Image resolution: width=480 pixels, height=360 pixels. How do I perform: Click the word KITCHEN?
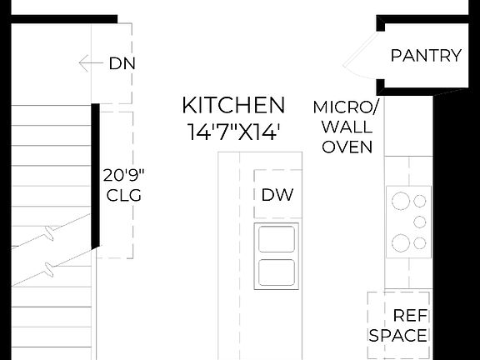click(233, 106)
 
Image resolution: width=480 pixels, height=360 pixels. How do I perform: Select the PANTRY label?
click(426, 57)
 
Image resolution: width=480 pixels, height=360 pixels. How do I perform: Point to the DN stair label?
click(122, 63)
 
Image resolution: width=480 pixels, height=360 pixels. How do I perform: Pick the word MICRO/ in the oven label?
click(346, 107)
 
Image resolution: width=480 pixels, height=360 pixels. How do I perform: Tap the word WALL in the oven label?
click(347, 127)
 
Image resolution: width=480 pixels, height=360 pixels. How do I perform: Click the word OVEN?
click(347, 147)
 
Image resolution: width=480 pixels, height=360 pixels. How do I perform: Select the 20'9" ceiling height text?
click(124, 176)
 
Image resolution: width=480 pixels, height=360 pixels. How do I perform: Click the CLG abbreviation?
click(124, 197)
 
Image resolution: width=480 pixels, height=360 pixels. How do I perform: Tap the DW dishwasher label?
click(277, 196)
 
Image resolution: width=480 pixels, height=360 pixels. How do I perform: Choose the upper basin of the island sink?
click(277, 239)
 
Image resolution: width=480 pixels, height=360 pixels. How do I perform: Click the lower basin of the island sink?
click(277, 273)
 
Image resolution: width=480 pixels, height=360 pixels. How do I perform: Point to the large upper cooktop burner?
click(401, 202)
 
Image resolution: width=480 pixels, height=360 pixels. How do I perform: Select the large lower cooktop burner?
click(401, 242)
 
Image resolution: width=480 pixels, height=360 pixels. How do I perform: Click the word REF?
click(410, 316)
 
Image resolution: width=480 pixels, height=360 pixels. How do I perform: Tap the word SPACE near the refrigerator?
click(398, 336)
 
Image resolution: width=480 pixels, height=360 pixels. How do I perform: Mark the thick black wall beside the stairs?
click(97, 175)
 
